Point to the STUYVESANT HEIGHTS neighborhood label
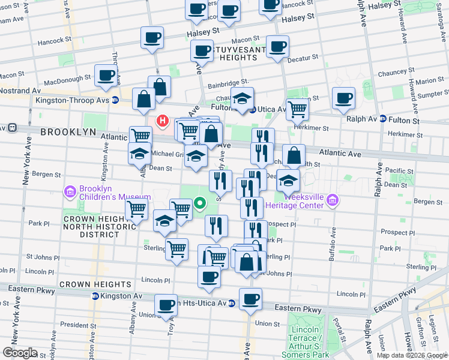(234, 53)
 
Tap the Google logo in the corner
(20, 353)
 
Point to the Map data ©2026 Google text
(412, 355)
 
